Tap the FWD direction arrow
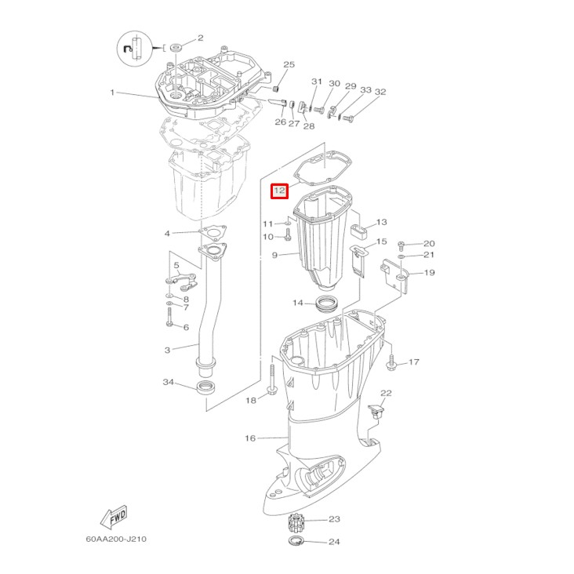114,518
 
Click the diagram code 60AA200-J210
116,539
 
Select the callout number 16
250,438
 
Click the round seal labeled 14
327,303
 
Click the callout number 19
429,273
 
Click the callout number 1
112,93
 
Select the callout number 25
289,64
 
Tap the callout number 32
380,93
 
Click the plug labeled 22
378,410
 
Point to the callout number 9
274,255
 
